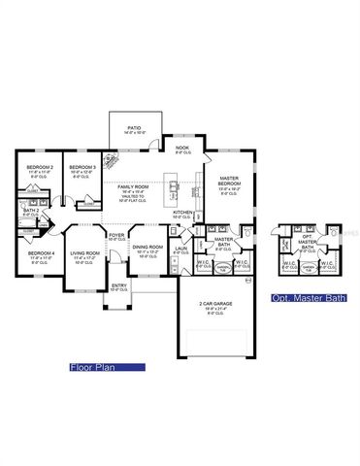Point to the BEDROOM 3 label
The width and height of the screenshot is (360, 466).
pyautogui.click(x=82, y=168)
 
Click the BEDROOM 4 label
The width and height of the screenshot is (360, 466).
pyautogui.click(x=40, y=254)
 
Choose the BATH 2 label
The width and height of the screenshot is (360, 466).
pyautogui.click(x=30, y=211)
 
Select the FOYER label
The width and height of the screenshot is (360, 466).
pyautogui.click(x=116, y=236)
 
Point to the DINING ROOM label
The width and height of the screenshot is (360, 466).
pyautogui.click(x=148, y=248)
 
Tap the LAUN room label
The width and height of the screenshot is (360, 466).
pyautogui.click(x=180, y=249)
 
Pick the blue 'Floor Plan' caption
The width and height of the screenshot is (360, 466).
pyautogui.click(x=107, y=368)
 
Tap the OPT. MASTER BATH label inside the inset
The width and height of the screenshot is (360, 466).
pyautogui.click(x=307, y=243)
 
